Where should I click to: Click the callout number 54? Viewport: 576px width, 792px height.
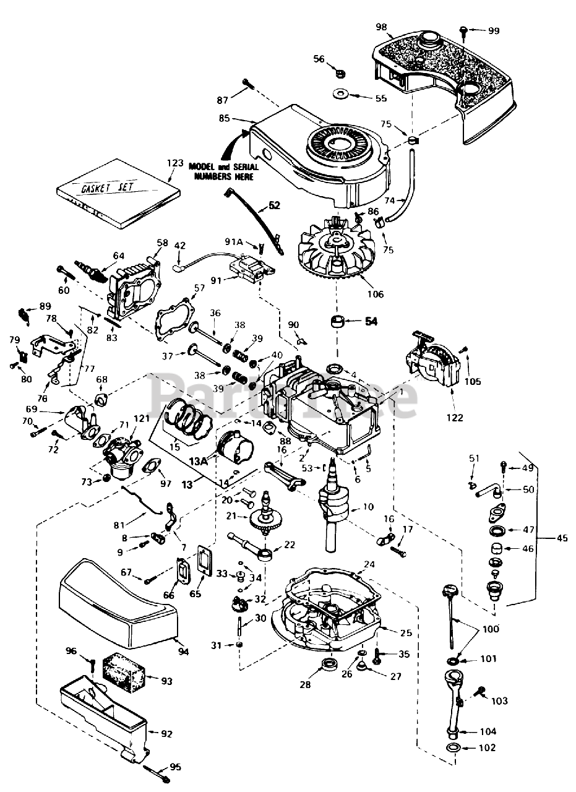(x=371, y=322)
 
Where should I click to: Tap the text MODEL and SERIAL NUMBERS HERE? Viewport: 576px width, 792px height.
(x=224, y=171)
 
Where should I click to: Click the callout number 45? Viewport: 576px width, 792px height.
(x=561, y=538)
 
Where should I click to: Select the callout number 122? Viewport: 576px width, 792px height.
(x=454, y=418)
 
